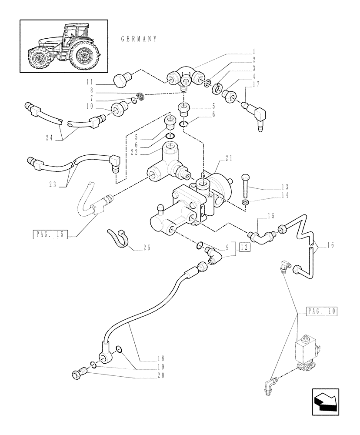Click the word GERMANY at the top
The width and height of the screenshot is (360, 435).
click(x=138, y=39)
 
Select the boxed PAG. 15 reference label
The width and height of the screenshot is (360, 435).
click(x=48, y=234)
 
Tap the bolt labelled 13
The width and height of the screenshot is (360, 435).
click(x=246, y=184)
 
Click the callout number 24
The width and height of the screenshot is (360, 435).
click(x=53, y=139)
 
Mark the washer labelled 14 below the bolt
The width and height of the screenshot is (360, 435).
click(x=245, y=203)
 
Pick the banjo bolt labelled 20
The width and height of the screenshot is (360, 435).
click(x=79, y=374)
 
